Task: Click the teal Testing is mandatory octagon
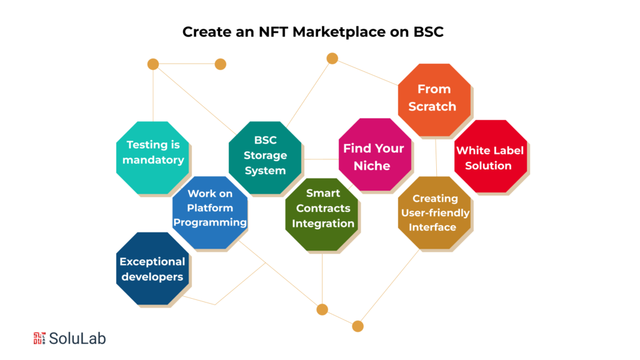(x=153, y=156)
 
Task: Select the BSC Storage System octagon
(x=265, y=156)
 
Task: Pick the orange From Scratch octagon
(x=434, y=99)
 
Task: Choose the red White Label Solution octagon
(x=489, y=157)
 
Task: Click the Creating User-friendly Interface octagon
(x=435, y=213)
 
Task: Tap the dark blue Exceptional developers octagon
(x=152, y=269)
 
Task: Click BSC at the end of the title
(x=428, y=32)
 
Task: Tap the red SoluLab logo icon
(x=39, y=338)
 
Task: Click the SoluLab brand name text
(x=77, y=338)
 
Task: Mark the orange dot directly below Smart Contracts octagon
(x=322, y=309)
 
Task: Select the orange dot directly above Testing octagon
(x=153, y=64)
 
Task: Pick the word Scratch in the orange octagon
(x=432, y=106)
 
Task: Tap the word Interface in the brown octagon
(x=432, y=227)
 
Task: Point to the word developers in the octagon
(x=152, y=277)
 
